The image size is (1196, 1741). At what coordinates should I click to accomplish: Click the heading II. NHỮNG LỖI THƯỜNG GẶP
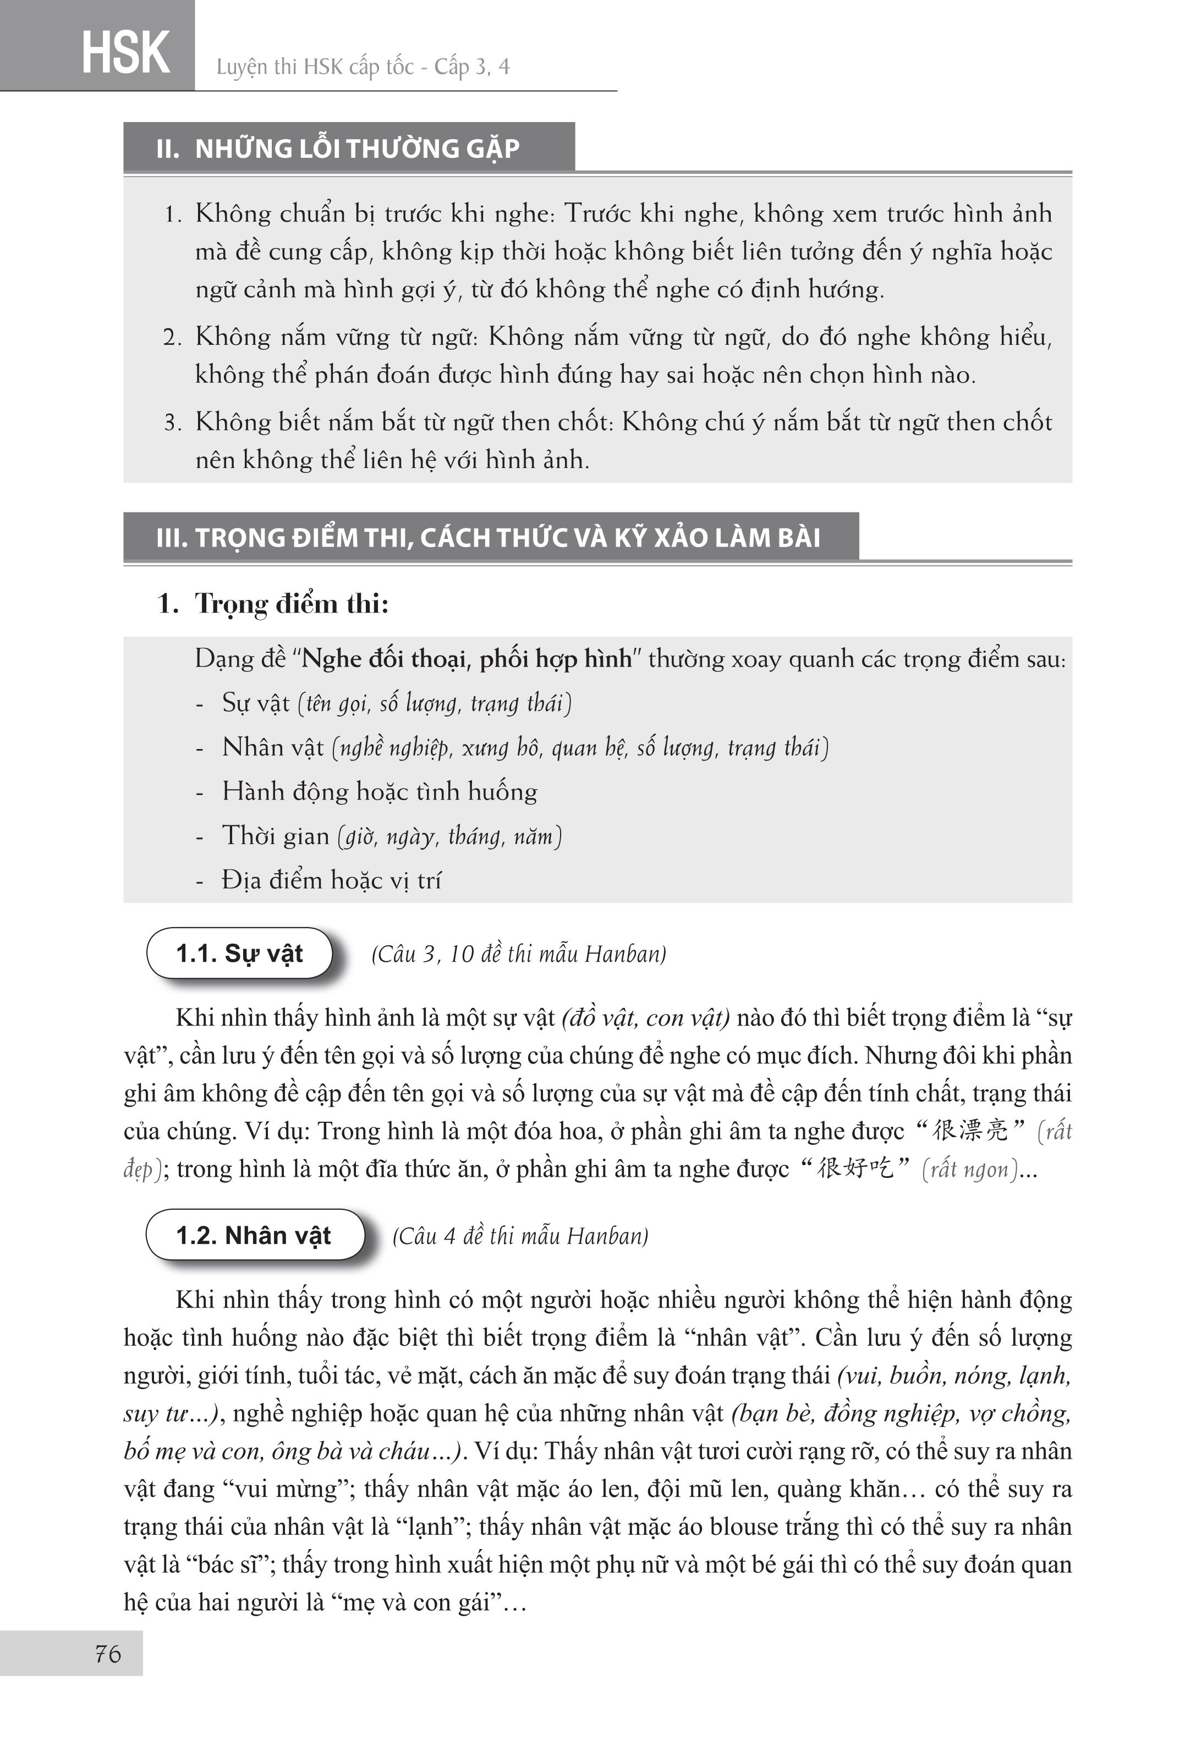point(337,148)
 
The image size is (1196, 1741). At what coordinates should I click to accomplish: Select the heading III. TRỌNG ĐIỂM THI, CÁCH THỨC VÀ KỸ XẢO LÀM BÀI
point(488,537)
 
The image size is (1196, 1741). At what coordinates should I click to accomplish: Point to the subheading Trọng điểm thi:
point(292,603)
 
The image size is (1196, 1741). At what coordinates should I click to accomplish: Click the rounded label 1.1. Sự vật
point(239,953)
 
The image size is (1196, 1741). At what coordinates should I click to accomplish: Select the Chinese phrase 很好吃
point(855,1169)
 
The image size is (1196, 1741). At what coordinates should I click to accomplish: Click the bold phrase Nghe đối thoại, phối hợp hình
point(467,659)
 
